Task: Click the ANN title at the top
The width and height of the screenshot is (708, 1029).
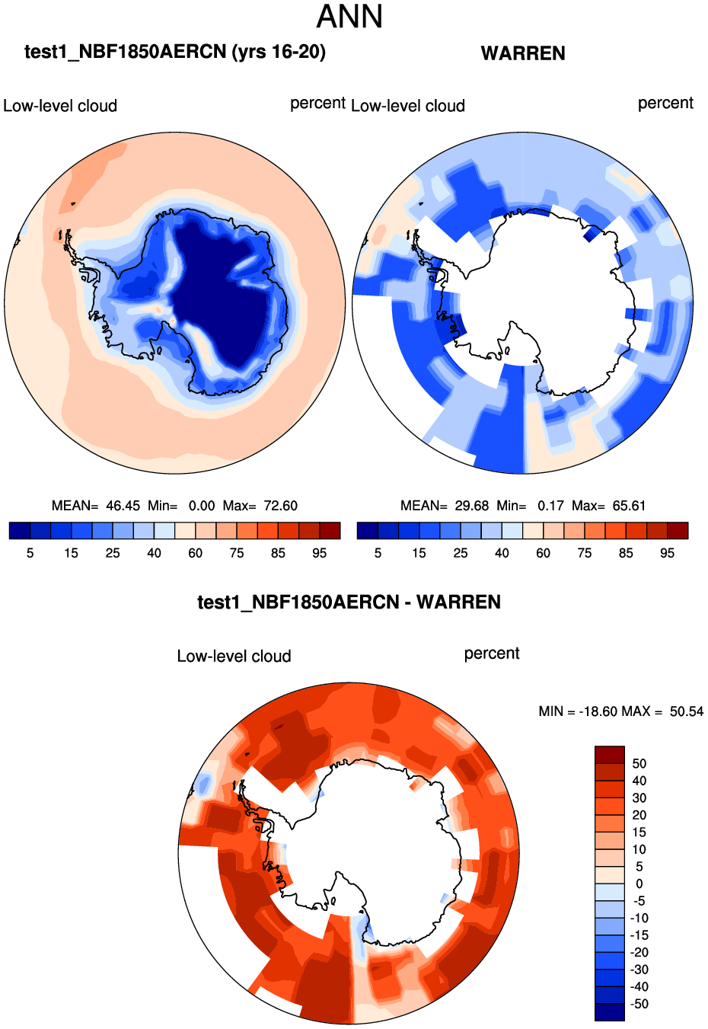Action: tap(349, 18)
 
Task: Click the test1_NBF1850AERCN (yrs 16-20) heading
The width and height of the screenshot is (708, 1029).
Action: tap(175, 52)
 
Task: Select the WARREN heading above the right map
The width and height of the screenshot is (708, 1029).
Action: tap(523, 53)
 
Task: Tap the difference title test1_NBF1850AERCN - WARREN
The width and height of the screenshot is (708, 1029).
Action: tap(349, 602)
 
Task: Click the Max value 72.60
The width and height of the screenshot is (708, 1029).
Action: tap(280, 506)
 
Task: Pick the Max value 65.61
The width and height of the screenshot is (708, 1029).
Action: tap(629, 506)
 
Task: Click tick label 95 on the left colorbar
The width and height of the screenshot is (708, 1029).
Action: tap(320, 554)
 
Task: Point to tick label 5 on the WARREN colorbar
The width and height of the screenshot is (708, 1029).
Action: tap(378, 554)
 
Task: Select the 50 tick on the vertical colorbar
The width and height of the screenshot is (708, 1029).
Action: tap(639, 764)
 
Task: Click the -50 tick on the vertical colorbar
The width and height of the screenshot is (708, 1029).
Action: tap(639, 1004)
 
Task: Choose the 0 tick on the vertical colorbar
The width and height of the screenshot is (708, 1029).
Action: tap(639, 884)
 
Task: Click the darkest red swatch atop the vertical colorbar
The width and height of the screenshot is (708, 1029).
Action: tap(609, 755)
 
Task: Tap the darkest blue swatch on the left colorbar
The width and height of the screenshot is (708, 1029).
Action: tap(20, 531)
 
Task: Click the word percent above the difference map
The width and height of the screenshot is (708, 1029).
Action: tap(492, 654)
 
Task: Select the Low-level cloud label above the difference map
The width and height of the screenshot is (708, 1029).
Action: tap(234, 657)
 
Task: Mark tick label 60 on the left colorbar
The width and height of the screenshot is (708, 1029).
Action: tap(196, 554)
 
